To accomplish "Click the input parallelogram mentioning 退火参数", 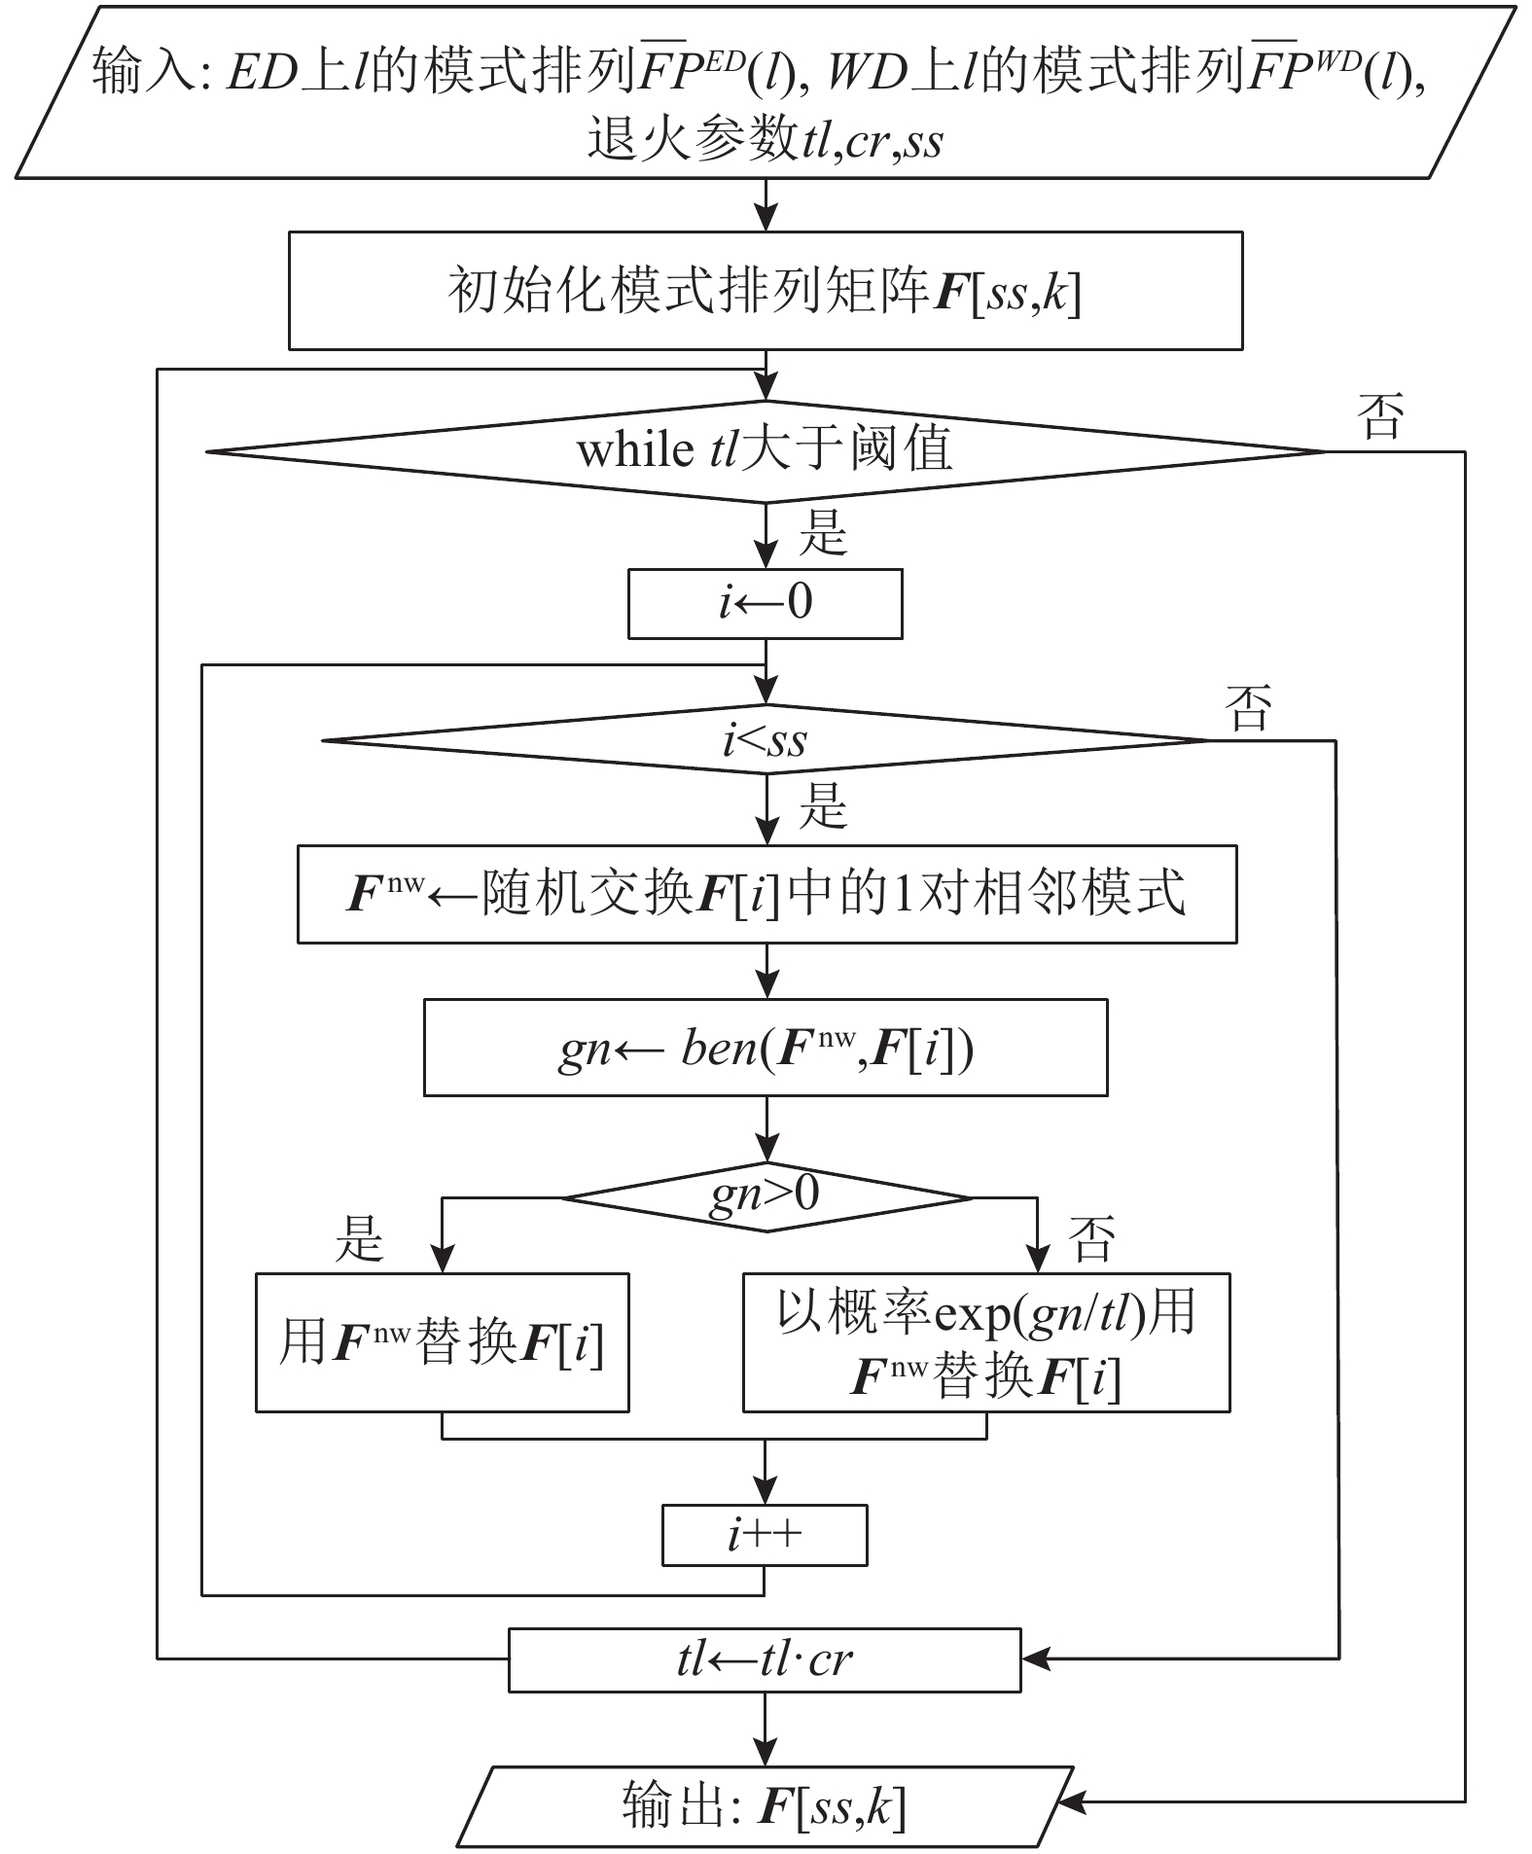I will click(x=766, y=93).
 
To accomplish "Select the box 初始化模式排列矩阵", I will click(x=766, y=291).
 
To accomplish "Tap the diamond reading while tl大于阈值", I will click(x=766, y=451).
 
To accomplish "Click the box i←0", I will click(x=766, y=604).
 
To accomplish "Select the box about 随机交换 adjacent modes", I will click(x=766, y=894).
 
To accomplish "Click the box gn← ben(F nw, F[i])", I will click(x=766, y=1048).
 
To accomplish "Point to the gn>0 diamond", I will click(x=766, y=1196).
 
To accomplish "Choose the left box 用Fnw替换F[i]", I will click(x=443, y=1342).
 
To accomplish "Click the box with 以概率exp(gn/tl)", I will click(x=986, y=1342).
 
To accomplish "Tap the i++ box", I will click(x=765, y=1535).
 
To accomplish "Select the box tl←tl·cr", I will click(x=765, y=1659).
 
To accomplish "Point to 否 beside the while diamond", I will click(x=1381, y=418).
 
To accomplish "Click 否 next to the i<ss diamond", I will click(x=1250, y=708).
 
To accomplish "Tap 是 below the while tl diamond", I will click(x=823, y=534).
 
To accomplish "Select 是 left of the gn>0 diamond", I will click(x=359, y=1239).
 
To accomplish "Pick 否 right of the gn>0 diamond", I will click(x=1091, y=1239).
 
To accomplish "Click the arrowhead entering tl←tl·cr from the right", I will click(x=1034, y=1659).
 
